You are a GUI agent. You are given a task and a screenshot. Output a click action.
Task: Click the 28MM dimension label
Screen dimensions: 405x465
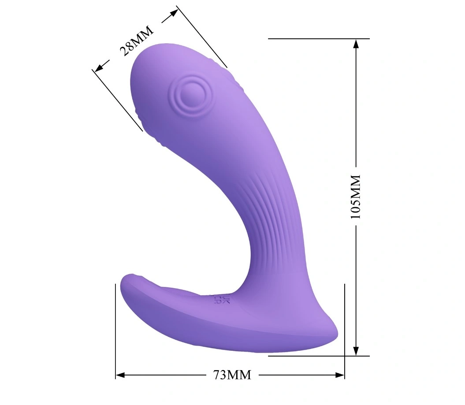coord(136,41)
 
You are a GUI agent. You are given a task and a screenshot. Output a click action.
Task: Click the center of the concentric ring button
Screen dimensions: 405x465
coord(188,93)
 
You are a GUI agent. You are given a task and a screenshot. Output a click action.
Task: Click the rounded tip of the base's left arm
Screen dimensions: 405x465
coord(126,282)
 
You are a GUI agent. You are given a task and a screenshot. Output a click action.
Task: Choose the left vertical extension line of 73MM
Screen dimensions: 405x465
coord(115,331)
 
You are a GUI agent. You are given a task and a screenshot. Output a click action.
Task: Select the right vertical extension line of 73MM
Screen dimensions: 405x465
coord(344,331)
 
